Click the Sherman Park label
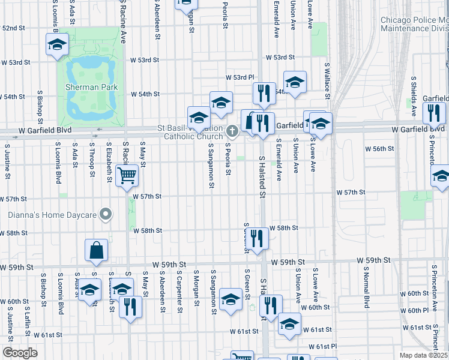(91, 87)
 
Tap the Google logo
(20, 353)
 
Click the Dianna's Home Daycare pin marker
(106, 214)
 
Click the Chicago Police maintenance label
(414, 24)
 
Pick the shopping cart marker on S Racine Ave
(127, 176)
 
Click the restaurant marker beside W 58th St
(258, 238)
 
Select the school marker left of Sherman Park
(58, 44)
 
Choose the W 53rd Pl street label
(240, 77)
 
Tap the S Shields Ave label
(414, 95)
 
